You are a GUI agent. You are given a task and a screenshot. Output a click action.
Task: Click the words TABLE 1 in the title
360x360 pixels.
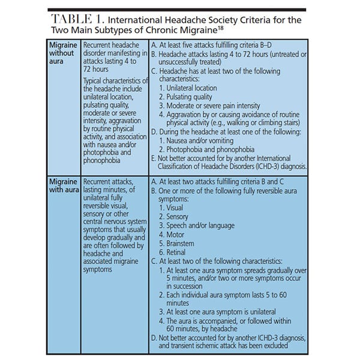click(x=78, y=20)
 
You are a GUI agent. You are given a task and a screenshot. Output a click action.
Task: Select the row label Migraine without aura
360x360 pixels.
click(x=62, y=53)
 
